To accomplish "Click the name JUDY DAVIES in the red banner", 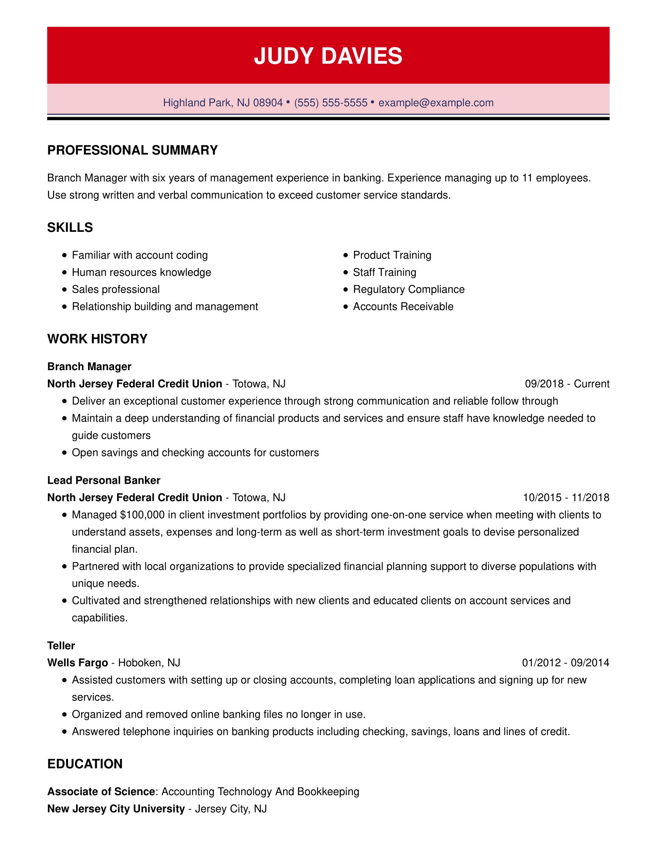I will click(328, 56).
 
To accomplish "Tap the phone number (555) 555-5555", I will click(330, 103).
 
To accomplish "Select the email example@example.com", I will click(436, 103).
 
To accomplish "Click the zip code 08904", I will click(268, 103).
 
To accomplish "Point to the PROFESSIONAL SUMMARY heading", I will click(132, 150).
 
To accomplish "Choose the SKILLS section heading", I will click(70, 227).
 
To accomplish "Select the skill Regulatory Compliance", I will click(408, 289).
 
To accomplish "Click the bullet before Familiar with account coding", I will click(65, 255).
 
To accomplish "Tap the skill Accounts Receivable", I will click(403, 306).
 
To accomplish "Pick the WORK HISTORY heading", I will click(97, 338).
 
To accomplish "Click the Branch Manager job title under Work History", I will click(89, 366).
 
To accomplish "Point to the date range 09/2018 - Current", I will click(567, 384).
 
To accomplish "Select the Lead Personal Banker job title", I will click(104, 480).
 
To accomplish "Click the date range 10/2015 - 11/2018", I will click(566, 497).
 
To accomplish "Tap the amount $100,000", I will click(143, 515).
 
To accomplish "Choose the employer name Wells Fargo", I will click(77, 662).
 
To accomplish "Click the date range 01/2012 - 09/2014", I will click(565, 662).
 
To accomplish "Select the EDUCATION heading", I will click(85, 763).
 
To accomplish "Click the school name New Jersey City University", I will click(116, 809).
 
